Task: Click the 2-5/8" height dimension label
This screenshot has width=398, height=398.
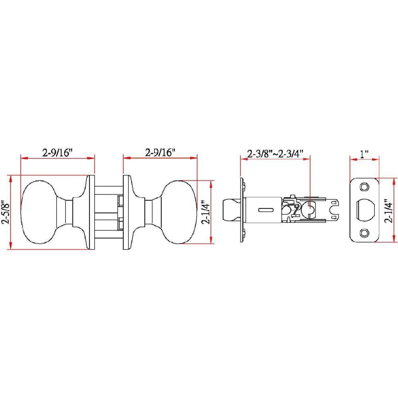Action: point(5,213)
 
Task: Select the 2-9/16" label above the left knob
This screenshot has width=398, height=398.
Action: point(57,153)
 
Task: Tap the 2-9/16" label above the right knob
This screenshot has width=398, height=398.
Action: point(160,152)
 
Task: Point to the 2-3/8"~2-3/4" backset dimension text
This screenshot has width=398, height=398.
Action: point(275,154)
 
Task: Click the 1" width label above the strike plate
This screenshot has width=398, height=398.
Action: point(364,154)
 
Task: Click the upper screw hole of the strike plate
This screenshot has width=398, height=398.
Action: point(365,187)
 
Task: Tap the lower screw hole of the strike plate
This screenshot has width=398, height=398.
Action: point(365,233)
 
